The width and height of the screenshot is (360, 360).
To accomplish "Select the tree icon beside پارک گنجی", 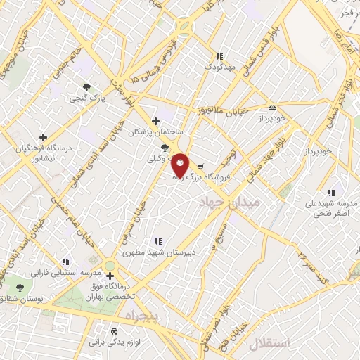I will (86, 88).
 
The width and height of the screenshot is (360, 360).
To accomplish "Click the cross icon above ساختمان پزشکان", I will (155, 121).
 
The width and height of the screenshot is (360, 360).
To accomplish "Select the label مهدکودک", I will (218, 66).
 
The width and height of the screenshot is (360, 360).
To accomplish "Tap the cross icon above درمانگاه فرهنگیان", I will (44, 137).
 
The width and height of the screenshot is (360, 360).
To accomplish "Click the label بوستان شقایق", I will (17, 300).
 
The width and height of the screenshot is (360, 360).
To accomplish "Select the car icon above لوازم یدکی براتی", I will (114, 330).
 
